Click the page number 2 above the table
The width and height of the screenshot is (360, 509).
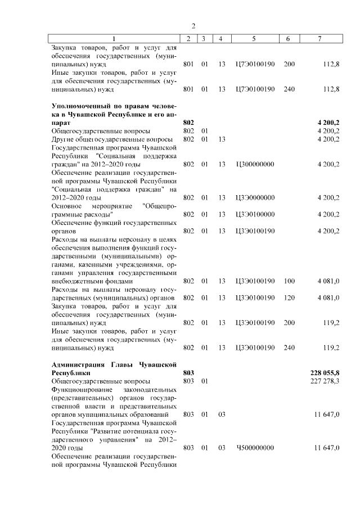193,26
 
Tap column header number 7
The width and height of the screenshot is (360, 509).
319,39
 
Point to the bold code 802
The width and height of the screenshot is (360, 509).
188,121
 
